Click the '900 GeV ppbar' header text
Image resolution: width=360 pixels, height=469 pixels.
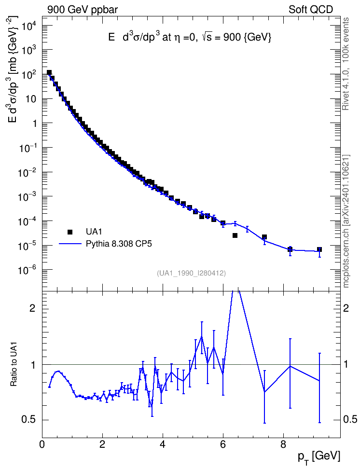pos(83,10)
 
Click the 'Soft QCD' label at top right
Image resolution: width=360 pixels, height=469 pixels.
pos(311,10)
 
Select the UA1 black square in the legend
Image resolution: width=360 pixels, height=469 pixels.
pos(70,232)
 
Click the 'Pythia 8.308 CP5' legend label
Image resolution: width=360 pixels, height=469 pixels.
pos(119,244)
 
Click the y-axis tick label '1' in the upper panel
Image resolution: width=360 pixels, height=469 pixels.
pos(35,124)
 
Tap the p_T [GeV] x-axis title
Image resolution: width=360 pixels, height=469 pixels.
pos(318,457)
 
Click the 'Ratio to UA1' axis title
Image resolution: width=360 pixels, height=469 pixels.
pos(14,364)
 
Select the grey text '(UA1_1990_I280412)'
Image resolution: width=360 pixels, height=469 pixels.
pos(191,273)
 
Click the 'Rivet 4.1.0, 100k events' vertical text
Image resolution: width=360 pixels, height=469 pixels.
pos(346,64)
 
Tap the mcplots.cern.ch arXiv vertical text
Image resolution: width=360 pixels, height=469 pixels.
pos(346,221)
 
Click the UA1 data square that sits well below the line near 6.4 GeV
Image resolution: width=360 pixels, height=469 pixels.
pos(235,235)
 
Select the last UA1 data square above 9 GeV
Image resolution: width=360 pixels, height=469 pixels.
pos(319,249)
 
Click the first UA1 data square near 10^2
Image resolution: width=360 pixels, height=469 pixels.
pos(49,73)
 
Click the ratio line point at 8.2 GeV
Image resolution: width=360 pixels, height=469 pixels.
pos(290,366)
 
